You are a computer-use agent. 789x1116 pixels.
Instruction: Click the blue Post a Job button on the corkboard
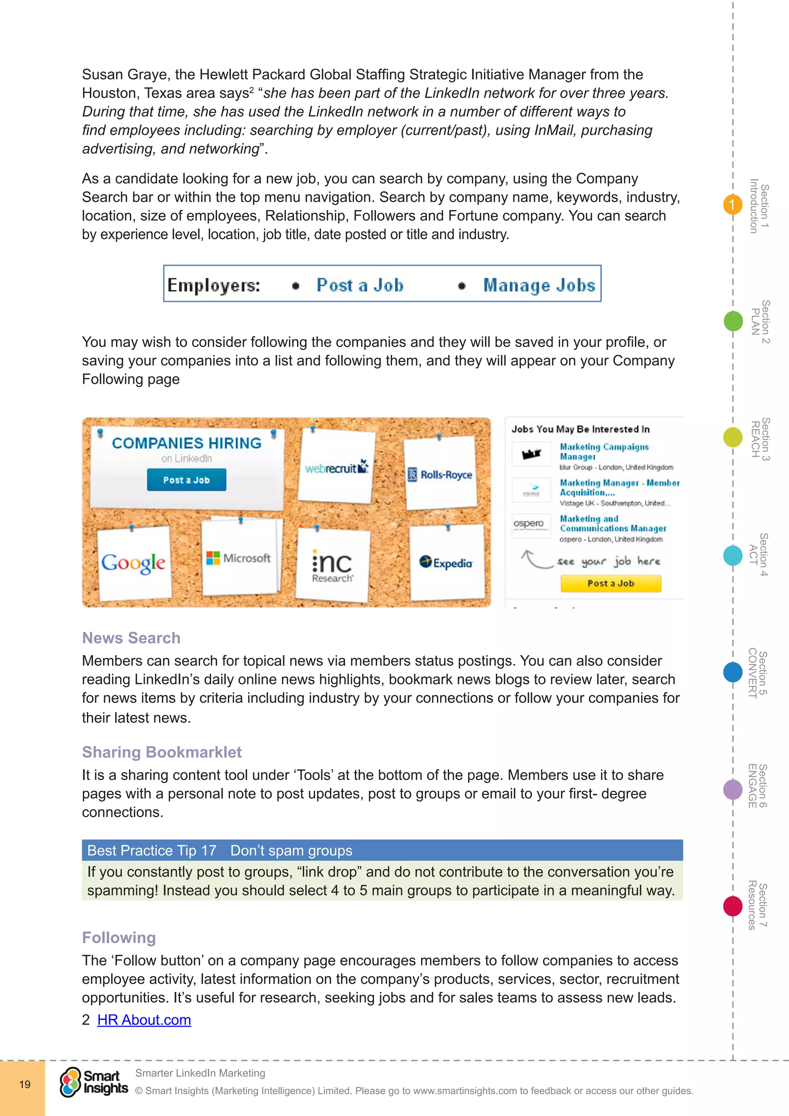[x=186, y=480]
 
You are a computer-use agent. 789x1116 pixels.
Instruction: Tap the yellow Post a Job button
[x=611, y=583]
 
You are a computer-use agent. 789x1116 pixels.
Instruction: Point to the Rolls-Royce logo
[x=440, y=474]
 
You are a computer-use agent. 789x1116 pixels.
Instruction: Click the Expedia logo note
[x=446, y=563]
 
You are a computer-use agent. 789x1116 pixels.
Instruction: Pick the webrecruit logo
[x=336, y=468]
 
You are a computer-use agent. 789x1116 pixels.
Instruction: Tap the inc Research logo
[x=332, y=566]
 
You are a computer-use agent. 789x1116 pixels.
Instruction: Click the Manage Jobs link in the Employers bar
[x=539, y=285]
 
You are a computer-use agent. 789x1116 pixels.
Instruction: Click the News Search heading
[x=131, y=638]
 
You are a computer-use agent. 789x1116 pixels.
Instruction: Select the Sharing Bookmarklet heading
[x=162, y=752]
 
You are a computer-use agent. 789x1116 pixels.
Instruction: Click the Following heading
[x=119, y=937]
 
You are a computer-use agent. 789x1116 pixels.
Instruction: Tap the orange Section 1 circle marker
[x=732, y=205]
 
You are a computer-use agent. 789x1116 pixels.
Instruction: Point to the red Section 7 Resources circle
[x=733, y=906]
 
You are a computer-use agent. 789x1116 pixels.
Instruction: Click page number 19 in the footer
[x=25, y=1084]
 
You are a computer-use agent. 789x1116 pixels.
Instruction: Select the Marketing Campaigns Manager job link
[x=604, y=451]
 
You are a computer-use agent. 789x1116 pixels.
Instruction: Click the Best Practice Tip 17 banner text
[x=220, y=850]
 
